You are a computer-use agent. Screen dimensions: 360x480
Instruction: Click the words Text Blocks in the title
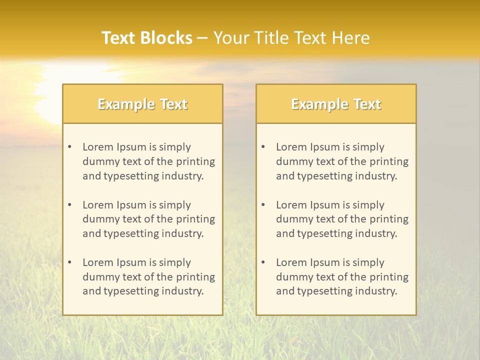coord(147,38)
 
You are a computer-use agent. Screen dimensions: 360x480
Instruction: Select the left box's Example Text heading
coord(142,104)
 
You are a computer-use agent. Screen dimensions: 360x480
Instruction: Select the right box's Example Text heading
coord(336,104)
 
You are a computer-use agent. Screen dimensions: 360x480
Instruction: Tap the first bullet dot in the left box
coord(69,147)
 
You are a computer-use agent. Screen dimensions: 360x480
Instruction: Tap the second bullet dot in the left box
coord(69,205)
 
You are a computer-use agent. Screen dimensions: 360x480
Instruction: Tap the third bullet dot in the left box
coord(69,262)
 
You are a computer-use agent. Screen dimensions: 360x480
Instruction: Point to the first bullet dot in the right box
coord(263,147)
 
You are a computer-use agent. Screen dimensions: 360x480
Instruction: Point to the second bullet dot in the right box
coord(263,205)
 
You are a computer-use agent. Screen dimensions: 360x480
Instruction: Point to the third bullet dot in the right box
coord(263,262)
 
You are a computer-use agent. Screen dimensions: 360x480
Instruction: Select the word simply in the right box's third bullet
coord(368,262)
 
